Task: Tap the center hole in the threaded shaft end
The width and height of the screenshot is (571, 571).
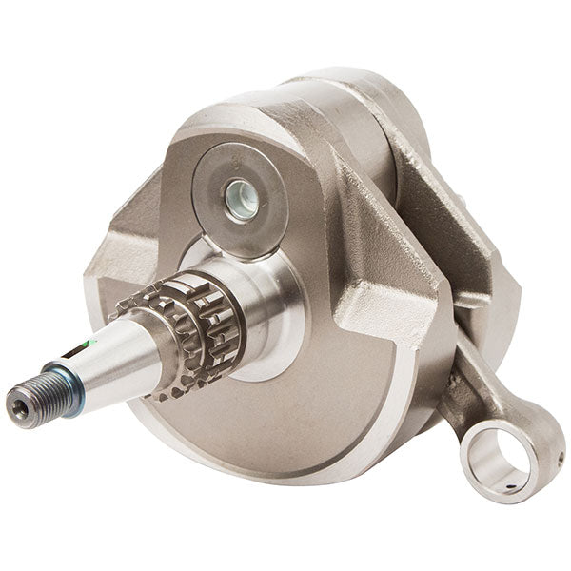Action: click(x=21, y=407)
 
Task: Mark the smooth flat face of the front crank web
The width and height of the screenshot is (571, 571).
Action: click(x=314, y=400)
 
